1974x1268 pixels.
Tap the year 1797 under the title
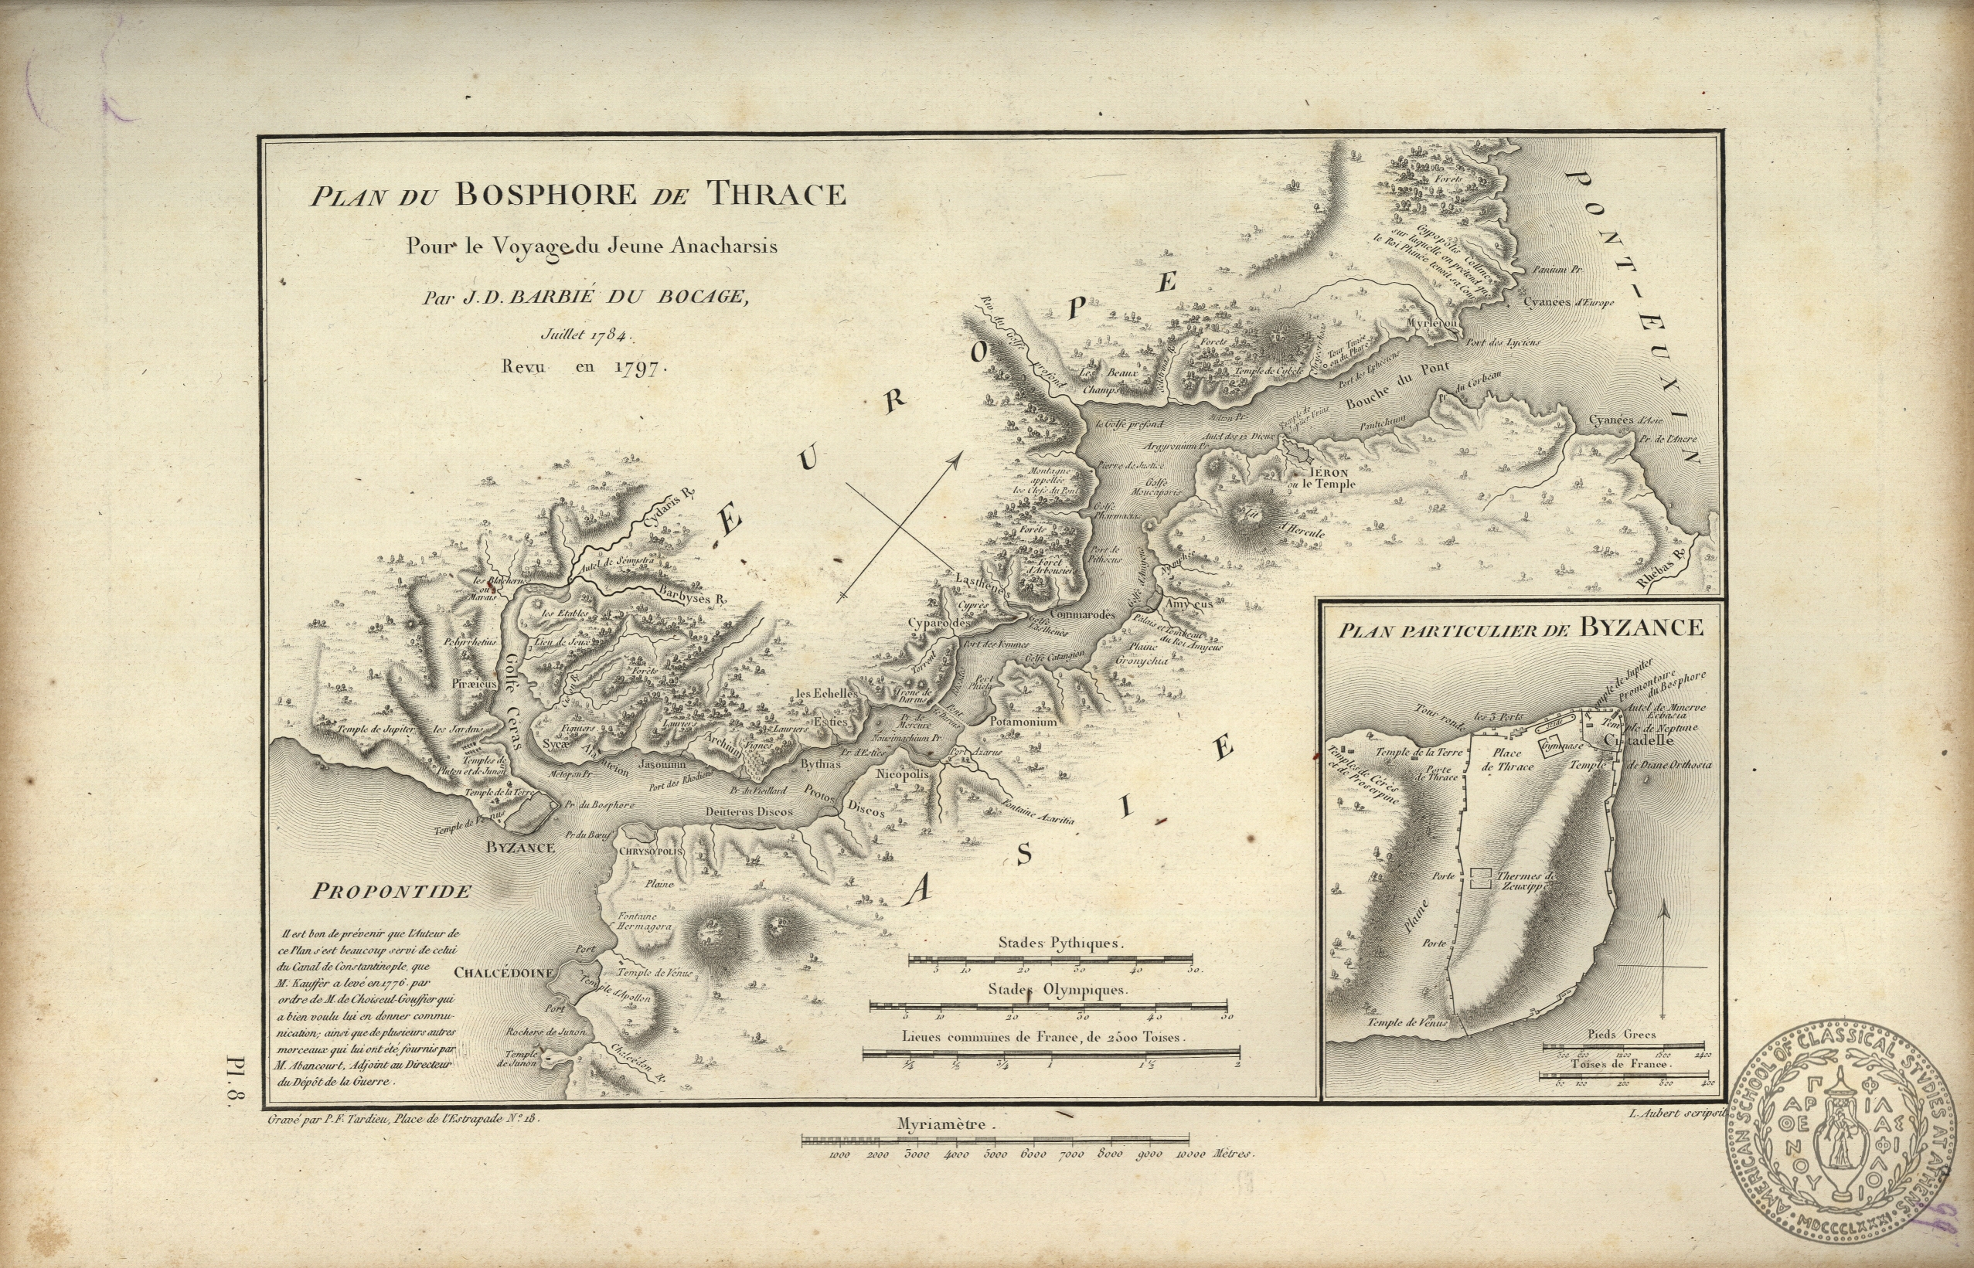point(638,367)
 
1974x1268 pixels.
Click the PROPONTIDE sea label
point(391,891)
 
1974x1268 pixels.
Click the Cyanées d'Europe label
point(1568,302)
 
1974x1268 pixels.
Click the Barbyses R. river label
point(693,595)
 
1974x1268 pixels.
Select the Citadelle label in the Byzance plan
point(1639,740)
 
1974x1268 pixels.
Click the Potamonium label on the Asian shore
point(1023,721)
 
